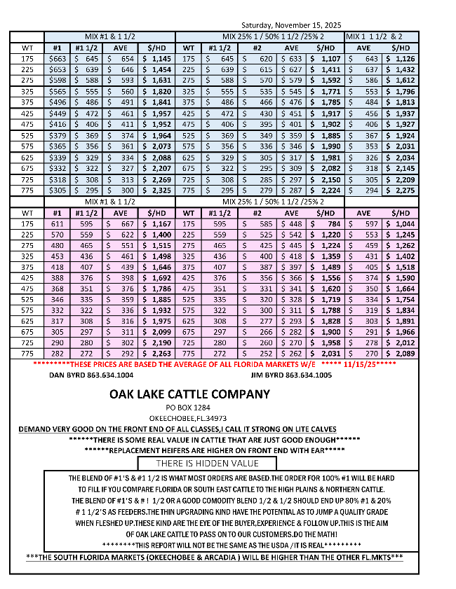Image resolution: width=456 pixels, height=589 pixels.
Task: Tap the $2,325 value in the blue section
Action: pyautogui.click(x=156, y=190)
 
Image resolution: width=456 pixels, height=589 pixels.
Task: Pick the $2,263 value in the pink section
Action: pyautogui.click(x=156, y=354)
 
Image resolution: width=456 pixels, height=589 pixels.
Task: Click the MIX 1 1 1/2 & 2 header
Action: pyautogui.click(x=382, y=36)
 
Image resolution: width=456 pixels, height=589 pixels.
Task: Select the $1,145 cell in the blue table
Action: pyautogui.click(x=156, y=59)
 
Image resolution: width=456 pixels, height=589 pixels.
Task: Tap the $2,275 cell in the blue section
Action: pyautogui.click(x=401, y=190)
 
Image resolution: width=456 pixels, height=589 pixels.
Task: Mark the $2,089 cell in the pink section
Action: pyautogui.click(x=401, y=354)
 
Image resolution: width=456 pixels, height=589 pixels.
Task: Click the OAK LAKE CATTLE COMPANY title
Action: pyautogui.click(x=189, y=394)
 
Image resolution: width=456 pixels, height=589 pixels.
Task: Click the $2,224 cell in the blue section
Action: pyautogui.click(x=326, y=190)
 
